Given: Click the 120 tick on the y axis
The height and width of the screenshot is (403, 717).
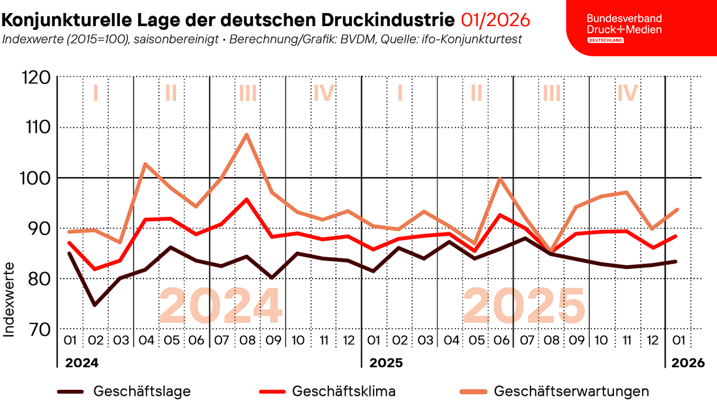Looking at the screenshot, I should pyautogui.click(x=34, y=77).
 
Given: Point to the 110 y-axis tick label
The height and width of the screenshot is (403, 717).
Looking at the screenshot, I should pyautogui.click(x=34, y=128).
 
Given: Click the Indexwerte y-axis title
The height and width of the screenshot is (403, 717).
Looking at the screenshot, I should pyautogui.click(x=10, y=299).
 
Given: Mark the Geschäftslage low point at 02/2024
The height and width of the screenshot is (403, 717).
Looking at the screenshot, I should pyautogui.click(x=95, y=305).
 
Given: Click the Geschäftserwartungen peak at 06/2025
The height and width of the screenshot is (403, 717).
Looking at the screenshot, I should pyautogui.click(x=500, y=178).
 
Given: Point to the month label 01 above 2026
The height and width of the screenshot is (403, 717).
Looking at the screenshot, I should pyautogui.click(x=677, y=340).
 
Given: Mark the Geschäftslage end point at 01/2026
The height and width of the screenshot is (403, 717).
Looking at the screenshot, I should pyautogui.click(x=677, y=261).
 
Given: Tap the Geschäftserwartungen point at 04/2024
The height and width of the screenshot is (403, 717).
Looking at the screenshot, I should pyautogui.click(x=145, y=164).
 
